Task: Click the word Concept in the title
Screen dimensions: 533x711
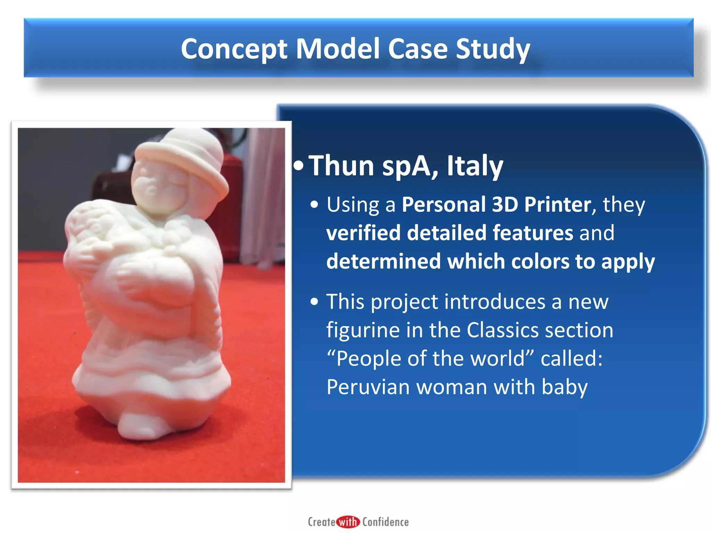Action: click(x=234, y=49)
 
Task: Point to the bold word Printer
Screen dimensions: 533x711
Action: click(x=558, y=204)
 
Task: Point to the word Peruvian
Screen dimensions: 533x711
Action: click(x=368, y=387)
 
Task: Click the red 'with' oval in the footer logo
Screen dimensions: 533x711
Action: click(x=348, y=522)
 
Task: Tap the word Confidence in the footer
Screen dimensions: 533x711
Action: click(x=385, y=522)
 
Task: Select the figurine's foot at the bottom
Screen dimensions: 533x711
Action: click(x=139, y=427)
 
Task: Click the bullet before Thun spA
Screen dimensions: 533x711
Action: click(x=298, y=166)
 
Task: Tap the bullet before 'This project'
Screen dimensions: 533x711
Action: click(x=314, y=302)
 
